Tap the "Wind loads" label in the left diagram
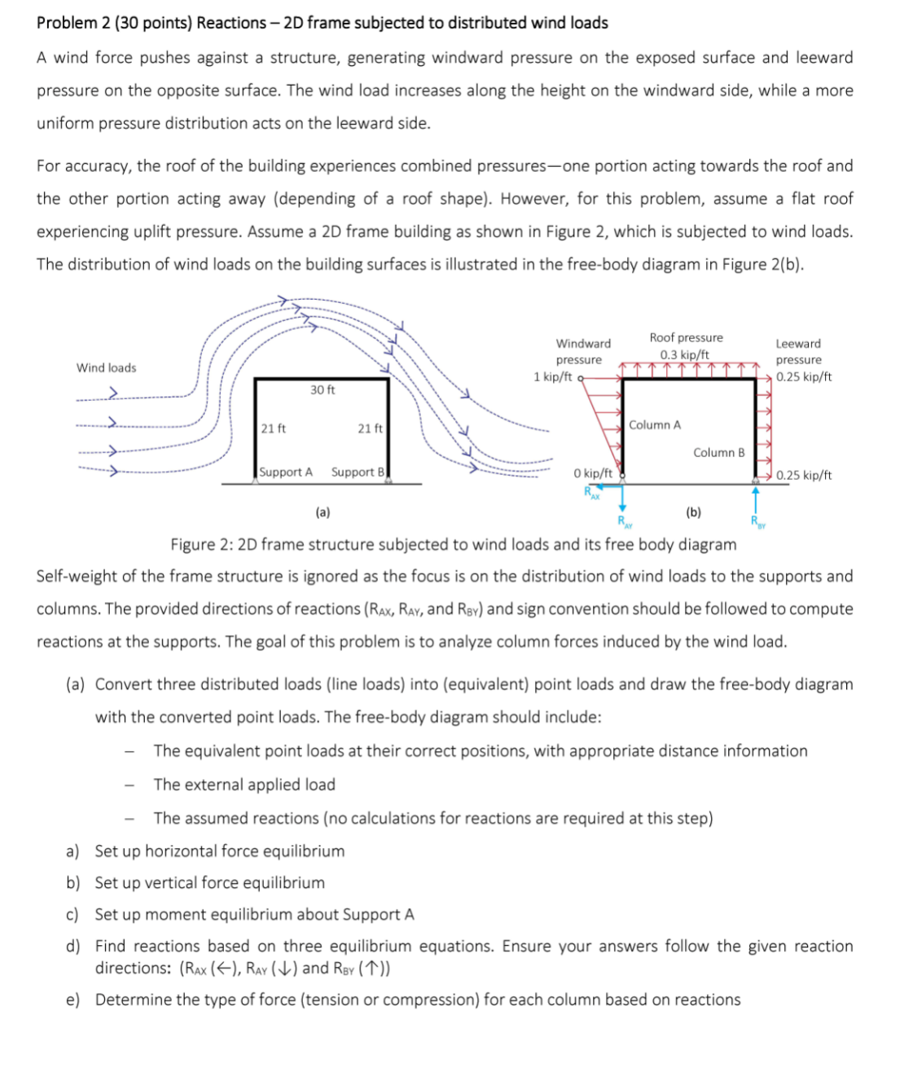pos(106,368)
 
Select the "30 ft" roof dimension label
pos(323,390)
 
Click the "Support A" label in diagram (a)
pos(286,473)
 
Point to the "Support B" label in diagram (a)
pos(358,473)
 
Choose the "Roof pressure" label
pos(686,337)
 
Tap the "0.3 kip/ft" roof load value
pos(684,354)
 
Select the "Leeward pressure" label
pos(798,351)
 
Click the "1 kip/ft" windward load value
pos(552,376)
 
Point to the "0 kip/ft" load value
pos(592,473)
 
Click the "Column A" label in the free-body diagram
pos(654,425)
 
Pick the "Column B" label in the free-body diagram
pos(718,453)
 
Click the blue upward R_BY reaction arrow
pos(755,499)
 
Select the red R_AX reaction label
pos(591,492)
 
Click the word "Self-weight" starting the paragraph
pos(77,577)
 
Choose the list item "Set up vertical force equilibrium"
pos(209,883)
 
